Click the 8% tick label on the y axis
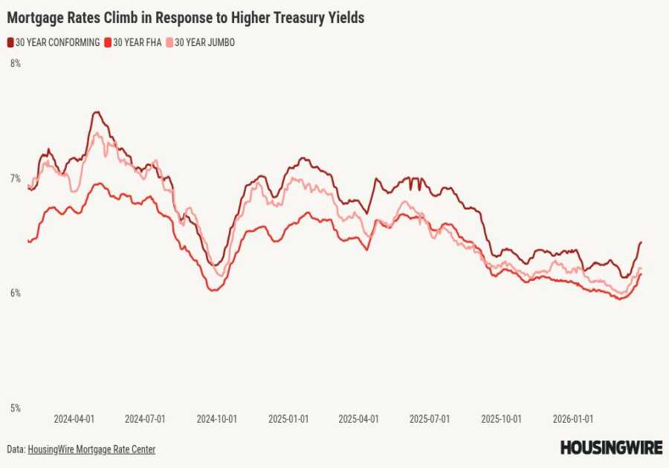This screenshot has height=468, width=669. point(15,64)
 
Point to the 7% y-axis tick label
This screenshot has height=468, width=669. point(15,178)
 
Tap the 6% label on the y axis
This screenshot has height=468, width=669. point(15,293)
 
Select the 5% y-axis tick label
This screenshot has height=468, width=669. point(15,408)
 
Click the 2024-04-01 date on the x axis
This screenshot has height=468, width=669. point(74,419)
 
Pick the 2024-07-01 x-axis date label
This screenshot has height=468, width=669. point(145,419)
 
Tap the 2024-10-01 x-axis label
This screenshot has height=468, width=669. point(216,419)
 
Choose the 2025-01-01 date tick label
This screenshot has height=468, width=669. point(288,419)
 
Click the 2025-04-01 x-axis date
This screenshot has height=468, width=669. point(358,419)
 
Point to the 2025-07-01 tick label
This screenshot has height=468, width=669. point(430,419)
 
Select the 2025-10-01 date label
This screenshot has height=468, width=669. point(501,419)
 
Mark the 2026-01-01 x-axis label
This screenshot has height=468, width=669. point(572,419)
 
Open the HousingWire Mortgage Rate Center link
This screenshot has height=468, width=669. point(91,449)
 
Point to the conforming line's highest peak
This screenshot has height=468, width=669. point(96,112)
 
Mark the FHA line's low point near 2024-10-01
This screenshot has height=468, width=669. point(213,290)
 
